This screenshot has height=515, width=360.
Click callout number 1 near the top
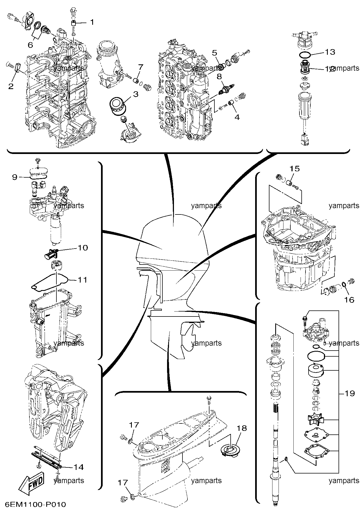coord(92,22)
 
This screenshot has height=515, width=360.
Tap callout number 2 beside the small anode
coord(11,86)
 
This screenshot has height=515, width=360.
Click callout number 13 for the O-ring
coord(330,52)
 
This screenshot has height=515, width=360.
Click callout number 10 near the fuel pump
coord(83,248)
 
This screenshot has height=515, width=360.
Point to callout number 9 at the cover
coord(15,177)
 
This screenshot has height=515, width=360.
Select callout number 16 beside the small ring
coord(349,300)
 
